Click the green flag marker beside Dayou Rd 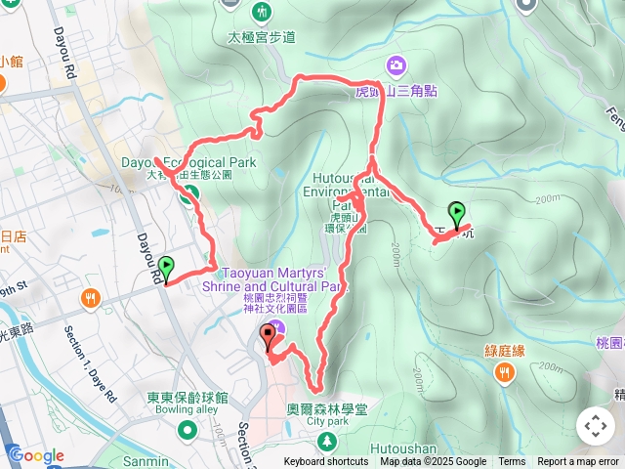tap(166, 266)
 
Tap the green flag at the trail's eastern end tap(456, 212)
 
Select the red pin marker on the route tap(269, 339)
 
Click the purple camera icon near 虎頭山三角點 tap(396, 65)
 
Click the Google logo tap(36, 455)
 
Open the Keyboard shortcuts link tap(326, 462)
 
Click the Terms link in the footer tap(512, 462)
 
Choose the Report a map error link tap(578, 462)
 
